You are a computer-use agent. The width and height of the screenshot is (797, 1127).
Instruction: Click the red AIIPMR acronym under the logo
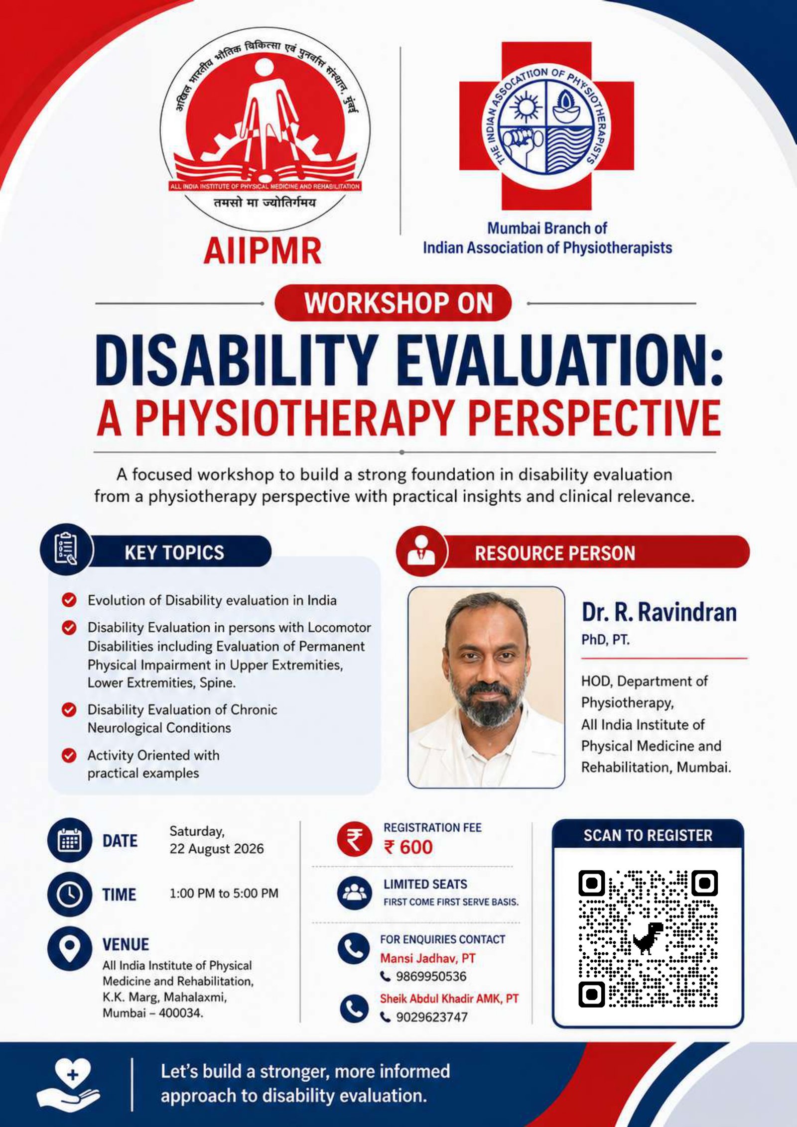pos(263,251)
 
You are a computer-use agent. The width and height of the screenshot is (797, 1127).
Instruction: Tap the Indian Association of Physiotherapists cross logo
pos(546,126)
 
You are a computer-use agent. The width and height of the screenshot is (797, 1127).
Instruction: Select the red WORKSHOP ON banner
pos(393,303)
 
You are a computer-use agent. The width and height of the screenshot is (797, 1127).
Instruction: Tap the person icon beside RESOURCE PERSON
pos(421,551)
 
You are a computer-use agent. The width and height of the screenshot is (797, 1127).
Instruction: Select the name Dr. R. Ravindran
pos(659,612)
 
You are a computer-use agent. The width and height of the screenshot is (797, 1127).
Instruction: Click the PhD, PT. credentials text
pos(605,640)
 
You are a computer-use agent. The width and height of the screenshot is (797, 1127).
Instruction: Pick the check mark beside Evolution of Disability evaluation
pos(69,600)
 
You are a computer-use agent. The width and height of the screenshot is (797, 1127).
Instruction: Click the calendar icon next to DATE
pos(70,840)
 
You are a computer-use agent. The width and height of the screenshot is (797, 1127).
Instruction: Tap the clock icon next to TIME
pos(70,894)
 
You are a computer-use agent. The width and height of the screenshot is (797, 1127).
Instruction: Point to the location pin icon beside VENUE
pos(70,948)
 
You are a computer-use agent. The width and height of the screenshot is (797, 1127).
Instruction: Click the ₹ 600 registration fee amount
pos(408,847)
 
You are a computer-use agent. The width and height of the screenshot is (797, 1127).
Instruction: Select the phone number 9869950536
pos(431,976)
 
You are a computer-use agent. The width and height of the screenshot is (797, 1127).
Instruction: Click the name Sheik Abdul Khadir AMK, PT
pos(449,999)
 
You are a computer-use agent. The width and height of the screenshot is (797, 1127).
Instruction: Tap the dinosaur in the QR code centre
pos(648,938)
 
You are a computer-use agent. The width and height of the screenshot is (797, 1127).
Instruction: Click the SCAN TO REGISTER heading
pos(648,835)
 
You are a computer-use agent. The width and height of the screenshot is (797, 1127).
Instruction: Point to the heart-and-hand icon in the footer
pos(69,1084)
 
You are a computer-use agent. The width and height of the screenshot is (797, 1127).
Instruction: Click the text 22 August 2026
pos(216,849)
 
